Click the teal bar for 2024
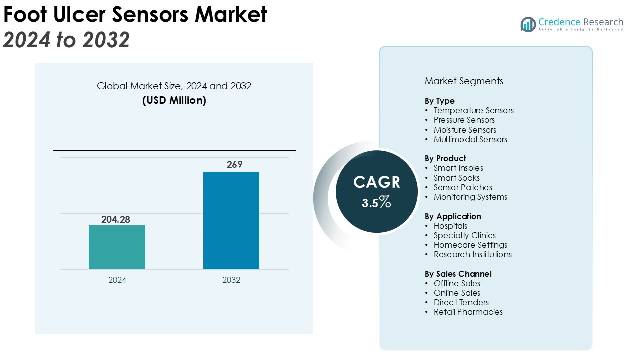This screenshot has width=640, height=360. (117, 247)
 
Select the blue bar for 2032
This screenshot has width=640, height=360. (231, 220)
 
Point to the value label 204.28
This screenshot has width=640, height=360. (116, 219)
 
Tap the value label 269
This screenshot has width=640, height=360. (234, 164)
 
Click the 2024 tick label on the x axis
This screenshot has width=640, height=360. (117, 280)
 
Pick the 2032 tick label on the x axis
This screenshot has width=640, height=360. (231, 280)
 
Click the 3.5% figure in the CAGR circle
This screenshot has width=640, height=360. (377, 203)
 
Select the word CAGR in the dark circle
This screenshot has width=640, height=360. (377, 182)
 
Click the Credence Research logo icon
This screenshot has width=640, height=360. (528, 24)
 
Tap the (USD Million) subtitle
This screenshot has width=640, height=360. (174, 100)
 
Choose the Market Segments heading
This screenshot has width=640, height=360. (464, 81)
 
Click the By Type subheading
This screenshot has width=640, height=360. (440, 101)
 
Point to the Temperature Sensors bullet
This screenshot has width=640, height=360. (473, 110)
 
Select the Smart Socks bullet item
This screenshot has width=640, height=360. (456, 178)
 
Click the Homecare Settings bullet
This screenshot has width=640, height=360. (470, 245)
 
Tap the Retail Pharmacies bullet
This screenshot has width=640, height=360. (468, 312)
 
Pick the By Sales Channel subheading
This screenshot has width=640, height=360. (458, 274)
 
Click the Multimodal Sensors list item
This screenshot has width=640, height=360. (470, 139)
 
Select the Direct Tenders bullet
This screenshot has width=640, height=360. (461, 302)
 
